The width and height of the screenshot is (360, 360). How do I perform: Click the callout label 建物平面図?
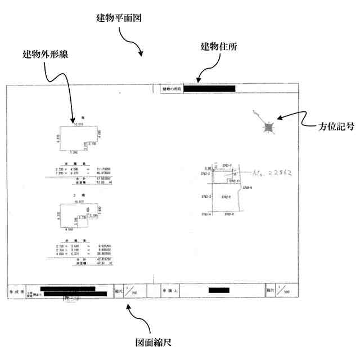[118, 17]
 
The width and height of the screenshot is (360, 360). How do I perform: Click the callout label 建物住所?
[219, 46]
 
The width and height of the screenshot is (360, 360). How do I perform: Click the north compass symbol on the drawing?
[268, 128]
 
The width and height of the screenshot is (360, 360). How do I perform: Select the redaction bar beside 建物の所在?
[209, 89]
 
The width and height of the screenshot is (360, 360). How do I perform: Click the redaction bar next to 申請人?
[218, 291]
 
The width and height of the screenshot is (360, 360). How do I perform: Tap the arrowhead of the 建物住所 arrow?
[198, 80]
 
